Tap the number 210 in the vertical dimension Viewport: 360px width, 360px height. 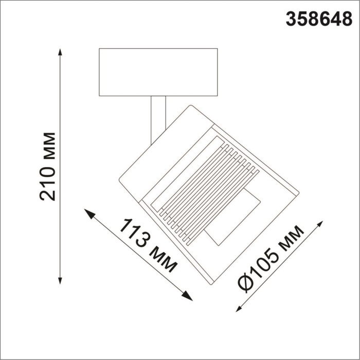[49, 183]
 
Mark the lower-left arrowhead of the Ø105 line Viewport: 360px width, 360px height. [238, 309]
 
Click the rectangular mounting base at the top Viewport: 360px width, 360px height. [158, 72]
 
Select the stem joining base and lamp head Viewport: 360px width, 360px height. [158, 116]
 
